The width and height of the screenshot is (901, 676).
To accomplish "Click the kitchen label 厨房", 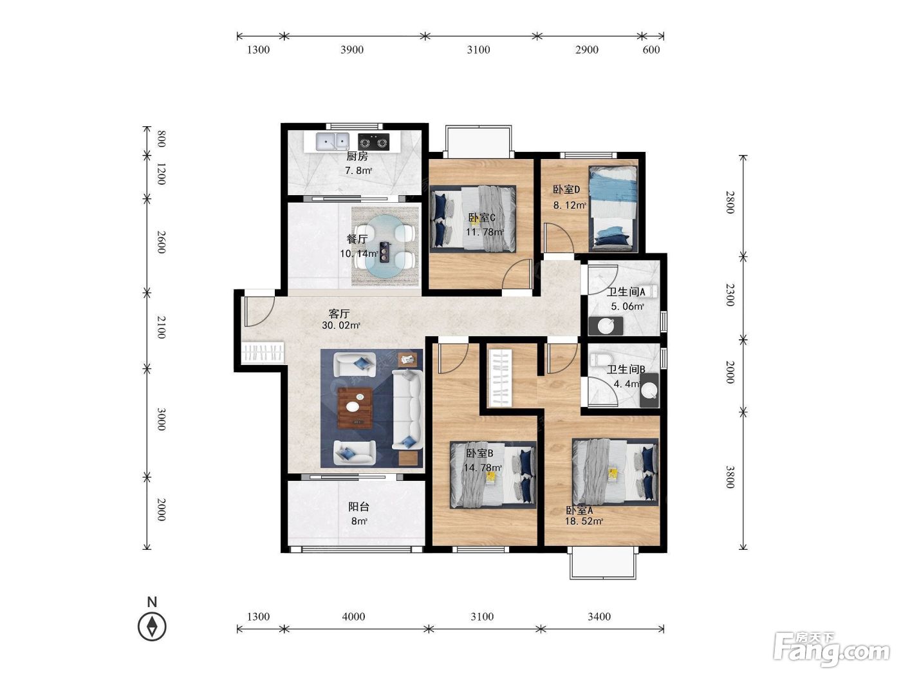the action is pos(357,156).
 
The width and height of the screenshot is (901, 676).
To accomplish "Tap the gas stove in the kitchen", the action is pos(373,142).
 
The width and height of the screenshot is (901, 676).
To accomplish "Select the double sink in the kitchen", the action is pos(332,142).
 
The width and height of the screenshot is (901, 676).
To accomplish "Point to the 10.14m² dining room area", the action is pos(358,254).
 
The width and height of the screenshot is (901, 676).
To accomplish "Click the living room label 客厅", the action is pos(339,314).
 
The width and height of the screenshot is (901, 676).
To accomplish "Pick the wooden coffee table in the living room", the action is pos(355,408).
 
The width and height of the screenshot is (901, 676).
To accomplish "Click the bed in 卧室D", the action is pos(613,209).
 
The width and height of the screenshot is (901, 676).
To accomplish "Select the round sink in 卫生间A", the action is pos(606,326).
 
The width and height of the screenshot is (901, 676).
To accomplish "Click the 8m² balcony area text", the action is pos(358,521).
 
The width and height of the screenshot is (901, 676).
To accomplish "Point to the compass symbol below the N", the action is pos(152,626).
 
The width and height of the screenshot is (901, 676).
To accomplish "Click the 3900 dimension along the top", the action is pos(352,50).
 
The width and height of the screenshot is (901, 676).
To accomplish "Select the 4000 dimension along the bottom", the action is pos(353,617).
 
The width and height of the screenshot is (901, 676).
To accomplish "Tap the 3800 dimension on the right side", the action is pos(730,477).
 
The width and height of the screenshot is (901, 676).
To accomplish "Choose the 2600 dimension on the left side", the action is pos(162,242).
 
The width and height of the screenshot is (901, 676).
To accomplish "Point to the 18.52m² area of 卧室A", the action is pos(584,521).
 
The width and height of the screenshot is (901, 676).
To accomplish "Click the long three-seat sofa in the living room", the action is pos(407,409).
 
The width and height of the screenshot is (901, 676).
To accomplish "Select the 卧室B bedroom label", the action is pos(479,453).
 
